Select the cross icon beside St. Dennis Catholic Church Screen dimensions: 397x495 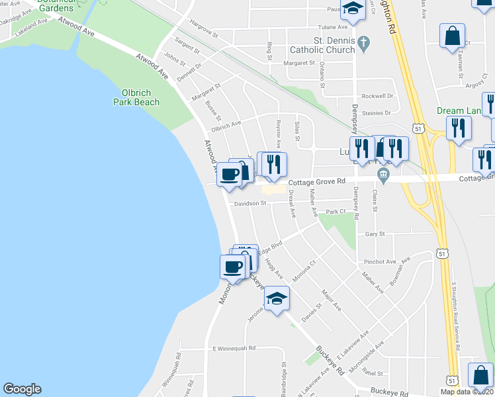tap(363, 44)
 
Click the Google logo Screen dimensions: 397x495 tap(22, 389)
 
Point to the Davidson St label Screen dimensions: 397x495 tap(249, 204)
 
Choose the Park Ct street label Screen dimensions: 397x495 tap(336, 212)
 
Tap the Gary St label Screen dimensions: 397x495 tap(375, 234)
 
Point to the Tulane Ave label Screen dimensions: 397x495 tap(333, 27)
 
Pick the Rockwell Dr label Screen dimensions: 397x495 tap(377, 95)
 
